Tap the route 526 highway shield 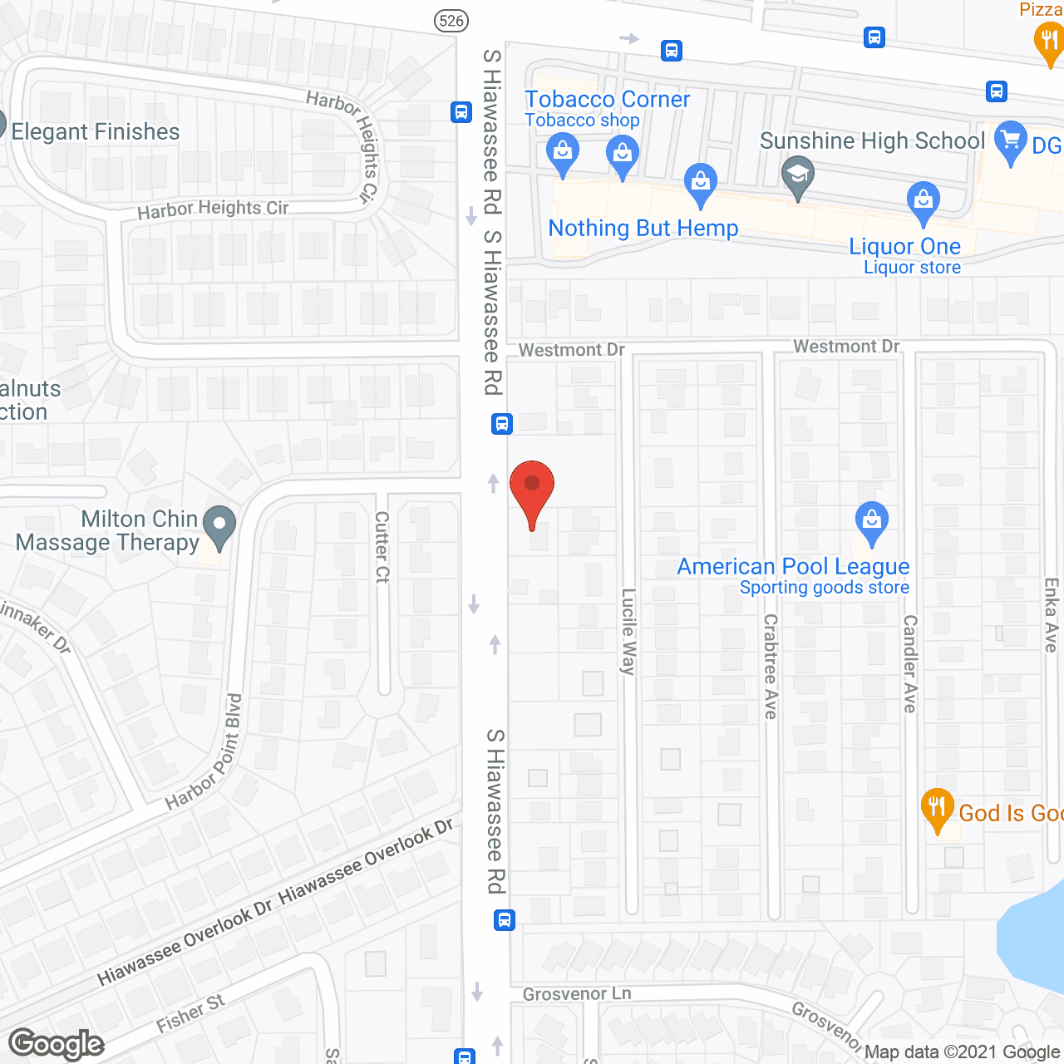tap(451, 20)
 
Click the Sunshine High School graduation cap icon tap(798, 176)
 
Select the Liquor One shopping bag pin tap(923, 200)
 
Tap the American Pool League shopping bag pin tap(871, 521)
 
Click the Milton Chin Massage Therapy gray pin tap(219, 526)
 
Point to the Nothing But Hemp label tap(643, 228)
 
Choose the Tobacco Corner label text tap(607, 100)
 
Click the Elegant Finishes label tap(96, 131)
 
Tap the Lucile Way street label tap(628, 632)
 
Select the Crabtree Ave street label tap(771, 666)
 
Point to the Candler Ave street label tap(910, 663)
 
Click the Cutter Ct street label tap(382, 547)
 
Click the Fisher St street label tap(190, 1013)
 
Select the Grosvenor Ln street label tap(577, 994)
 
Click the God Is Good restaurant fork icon tap(937, 808)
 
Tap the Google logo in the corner tap(57, 1044)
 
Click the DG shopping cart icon tap(1010, 140)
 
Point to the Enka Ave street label tap(1052, 615)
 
